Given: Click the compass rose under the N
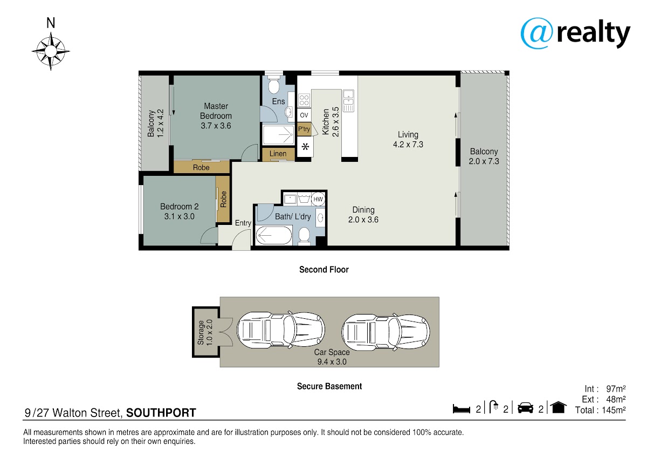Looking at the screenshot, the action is coord(51,51).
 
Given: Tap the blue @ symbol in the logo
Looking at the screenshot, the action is coord(536,33).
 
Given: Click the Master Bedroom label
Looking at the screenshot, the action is coord(216,111).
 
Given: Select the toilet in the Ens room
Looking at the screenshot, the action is coord(273,84).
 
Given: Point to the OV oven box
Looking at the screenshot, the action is coord(304,115).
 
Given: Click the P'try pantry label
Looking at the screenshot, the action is coord(304,129).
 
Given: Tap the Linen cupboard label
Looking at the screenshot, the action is coord(278,154).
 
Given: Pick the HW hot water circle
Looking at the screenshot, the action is coord(318,199).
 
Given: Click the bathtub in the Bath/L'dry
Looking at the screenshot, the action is coord(273,236).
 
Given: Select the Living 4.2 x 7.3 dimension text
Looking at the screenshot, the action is coord(408,144).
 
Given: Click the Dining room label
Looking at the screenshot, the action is coord(363,210).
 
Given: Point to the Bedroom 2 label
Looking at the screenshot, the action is coord(180,206).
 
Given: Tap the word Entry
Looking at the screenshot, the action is coord(243,223).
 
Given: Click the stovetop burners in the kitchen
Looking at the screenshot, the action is coord(304,100).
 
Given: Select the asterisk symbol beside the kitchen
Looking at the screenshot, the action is coord(305,147).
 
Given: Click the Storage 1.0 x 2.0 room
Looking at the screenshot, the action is coord(206,332).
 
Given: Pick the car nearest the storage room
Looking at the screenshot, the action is coord(281,330).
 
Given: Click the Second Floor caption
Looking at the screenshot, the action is coord(324,270).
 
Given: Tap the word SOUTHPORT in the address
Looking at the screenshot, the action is coord(161,413).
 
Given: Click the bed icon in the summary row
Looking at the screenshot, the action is coord(462,409).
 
